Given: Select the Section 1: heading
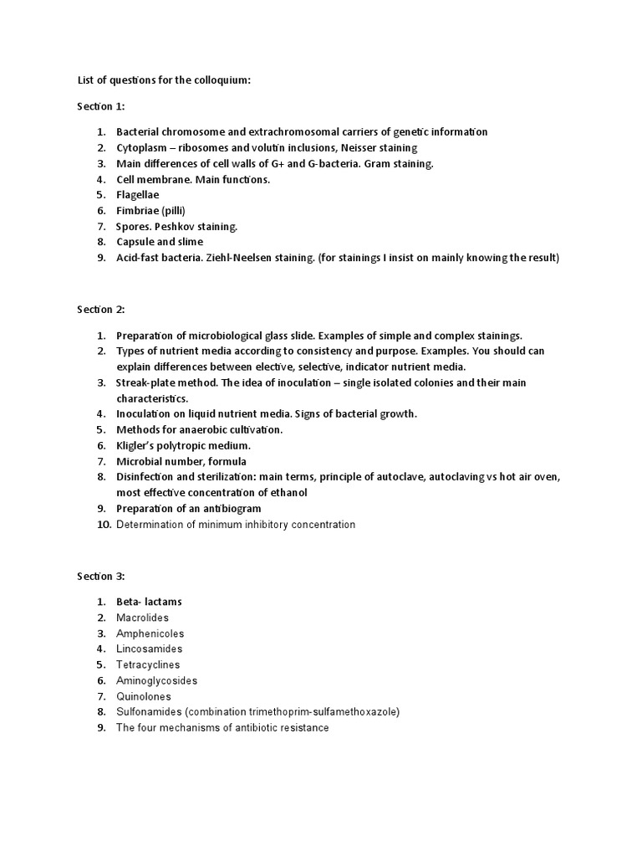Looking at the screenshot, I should pyautogui.click(x=101, y=106).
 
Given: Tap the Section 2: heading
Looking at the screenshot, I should pyautogui.click(x=101, y=309).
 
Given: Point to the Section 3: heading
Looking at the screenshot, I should pyautogui.click(x=101, y=577).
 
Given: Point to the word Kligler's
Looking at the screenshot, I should pyautogui.click(x=137, y=445).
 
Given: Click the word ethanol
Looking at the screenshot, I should pyautogui.click(x=289, y=493).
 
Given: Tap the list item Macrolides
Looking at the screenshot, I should pyautogui.click(x=143, y=618).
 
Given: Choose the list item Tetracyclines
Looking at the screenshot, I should pyautogui.click(x=148, y=665).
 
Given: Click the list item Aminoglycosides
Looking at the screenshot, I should pyautogui.click(x=156, y=680).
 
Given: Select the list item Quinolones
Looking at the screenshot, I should pyautogui.click(x=144, y=696).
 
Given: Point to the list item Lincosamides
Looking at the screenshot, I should pyautogui.click(x=149, y=649).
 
